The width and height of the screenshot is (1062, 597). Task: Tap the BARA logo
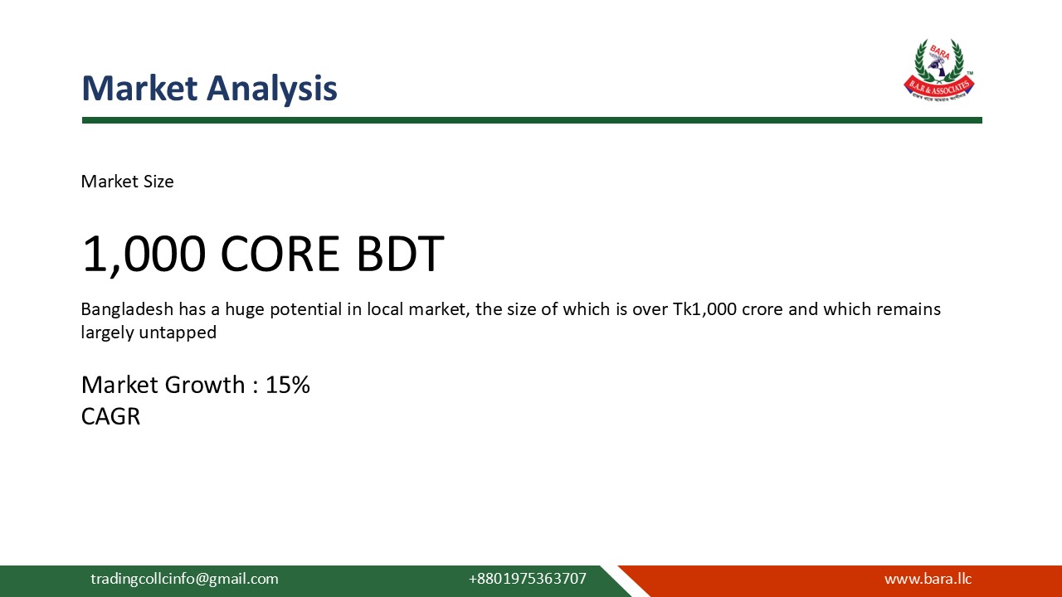coord(938,70)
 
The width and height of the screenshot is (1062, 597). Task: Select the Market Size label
coord(127,182)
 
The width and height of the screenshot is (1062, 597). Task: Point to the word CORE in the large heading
coord(280,254)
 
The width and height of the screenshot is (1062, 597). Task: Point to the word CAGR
coord(110,415)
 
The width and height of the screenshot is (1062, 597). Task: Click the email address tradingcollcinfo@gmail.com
coord(184,579)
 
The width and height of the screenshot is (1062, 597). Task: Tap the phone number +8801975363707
coord(527,579)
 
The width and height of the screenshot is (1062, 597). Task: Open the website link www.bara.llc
coord(928,579)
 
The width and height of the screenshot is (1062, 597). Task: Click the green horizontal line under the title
coord(531,120)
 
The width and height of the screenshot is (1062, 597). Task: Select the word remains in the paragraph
coord(909,309)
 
